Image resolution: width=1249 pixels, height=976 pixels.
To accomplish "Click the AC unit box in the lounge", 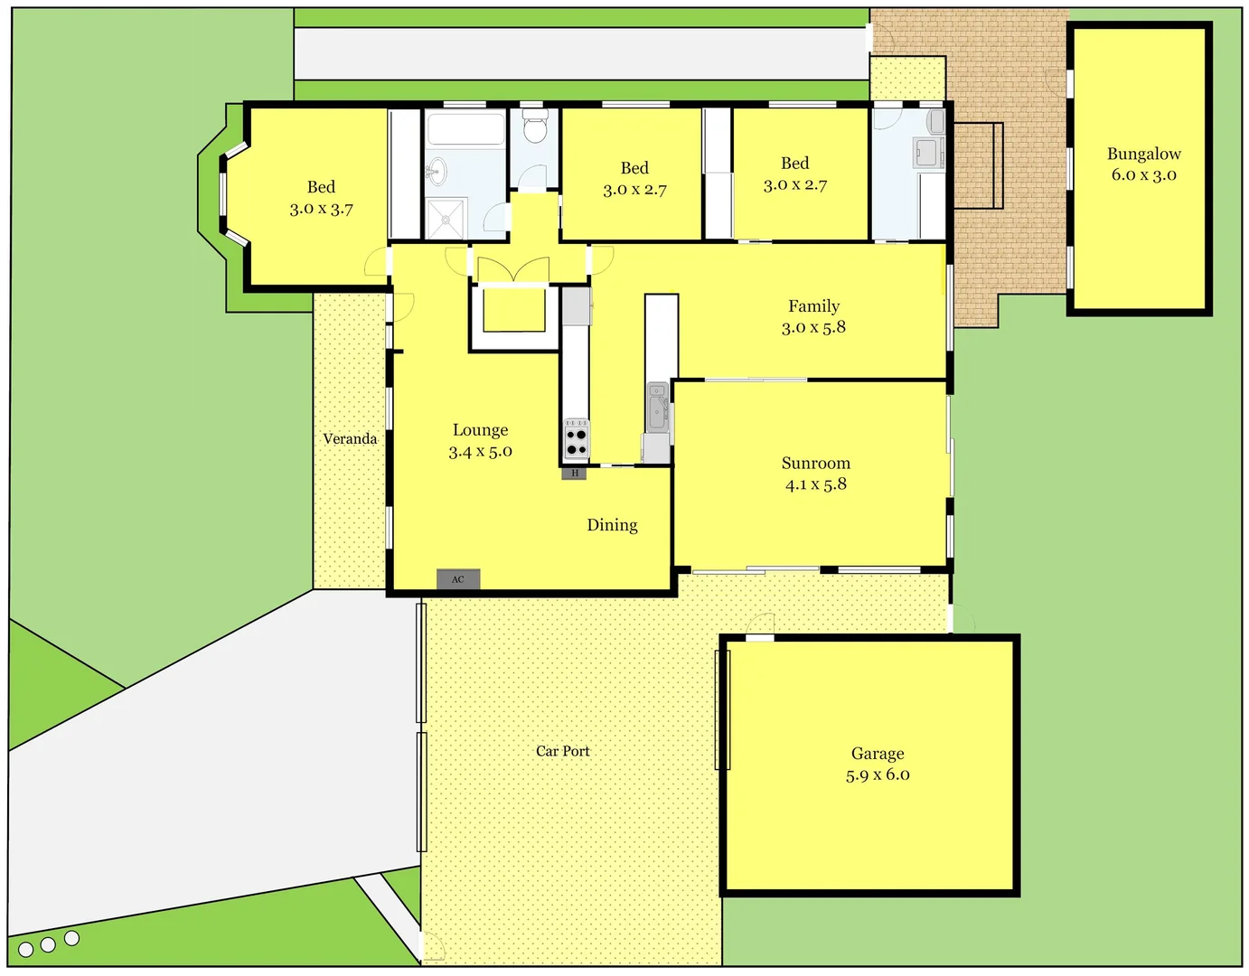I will (458, 579).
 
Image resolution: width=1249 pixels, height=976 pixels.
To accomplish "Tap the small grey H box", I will (574, 473).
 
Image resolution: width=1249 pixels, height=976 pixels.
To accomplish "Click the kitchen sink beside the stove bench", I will (658, 407).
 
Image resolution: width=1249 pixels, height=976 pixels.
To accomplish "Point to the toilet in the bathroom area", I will (535, 127).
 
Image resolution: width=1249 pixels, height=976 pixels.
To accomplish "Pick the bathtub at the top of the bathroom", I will (465, 129).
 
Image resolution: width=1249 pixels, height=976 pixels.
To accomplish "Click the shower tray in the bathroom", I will (446, 219).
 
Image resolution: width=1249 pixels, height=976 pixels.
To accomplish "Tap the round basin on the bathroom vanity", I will (437, 169).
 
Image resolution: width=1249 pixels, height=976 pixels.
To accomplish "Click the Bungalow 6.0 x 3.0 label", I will (1143, 164).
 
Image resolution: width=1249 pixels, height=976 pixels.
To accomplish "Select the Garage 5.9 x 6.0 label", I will (878, 764).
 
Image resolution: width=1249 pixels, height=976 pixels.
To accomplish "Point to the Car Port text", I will (562, 751).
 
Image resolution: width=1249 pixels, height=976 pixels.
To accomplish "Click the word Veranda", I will (350, 439).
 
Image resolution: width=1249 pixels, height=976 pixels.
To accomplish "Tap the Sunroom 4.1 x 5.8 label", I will (815, 474).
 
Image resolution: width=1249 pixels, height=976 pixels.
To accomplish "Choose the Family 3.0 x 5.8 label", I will (813, 317).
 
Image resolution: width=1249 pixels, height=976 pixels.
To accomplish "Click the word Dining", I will (612, 525).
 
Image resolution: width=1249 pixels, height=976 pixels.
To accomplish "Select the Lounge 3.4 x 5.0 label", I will (480, 441).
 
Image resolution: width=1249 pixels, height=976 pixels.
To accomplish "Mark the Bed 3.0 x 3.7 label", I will (321, 198).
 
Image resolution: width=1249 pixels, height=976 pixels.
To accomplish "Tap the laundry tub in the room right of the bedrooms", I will (926, 152).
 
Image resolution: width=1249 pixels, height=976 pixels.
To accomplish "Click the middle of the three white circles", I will (48, 944).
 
